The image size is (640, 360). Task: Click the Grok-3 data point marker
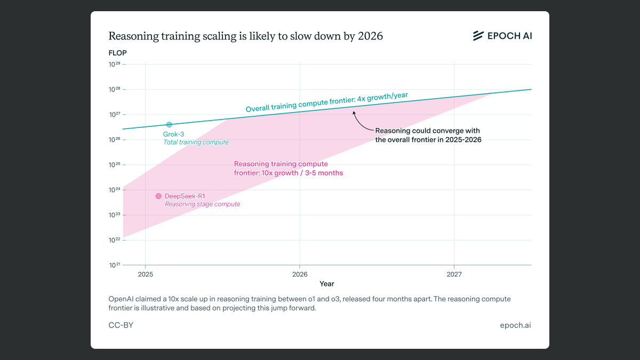169,125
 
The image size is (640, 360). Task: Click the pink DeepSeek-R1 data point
158,196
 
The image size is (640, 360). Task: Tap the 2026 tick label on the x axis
300,274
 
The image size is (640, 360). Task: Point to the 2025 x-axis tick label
146,274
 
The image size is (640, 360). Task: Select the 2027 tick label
454,274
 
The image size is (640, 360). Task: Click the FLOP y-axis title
117,53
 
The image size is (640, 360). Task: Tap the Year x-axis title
327,284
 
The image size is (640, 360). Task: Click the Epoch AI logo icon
478,36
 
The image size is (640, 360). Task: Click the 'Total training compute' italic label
196,142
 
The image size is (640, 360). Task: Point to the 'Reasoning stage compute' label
202,204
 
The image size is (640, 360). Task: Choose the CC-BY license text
121,325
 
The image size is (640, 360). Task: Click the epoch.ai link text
515,325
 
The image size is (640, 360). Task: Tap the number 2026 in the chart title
370,36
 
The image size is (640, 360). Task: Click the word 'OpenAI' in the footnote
123,299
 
